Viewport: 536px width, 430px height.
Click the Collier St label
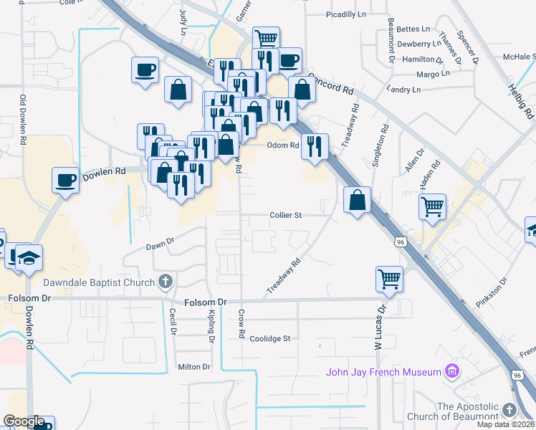tap(286, 214)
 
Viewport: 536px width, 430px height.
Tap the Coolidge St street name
tap(270, 338)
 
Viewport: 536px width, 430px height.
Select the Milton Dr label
tap(194, 367)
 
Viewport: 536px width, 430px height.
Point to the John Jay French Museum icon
tap(451, 371)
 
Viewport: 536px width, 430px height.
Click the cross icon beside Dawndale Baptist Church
tap(166, 282)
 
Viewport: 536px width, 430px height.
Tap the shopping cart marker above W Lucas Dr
tap(389, 278)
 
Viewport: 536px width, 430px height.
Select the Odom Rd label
tap(282, 145)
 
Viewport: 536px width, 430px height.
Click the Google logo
tap(24, 421)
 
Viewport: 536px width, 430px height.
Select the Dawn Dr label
tap(160, 244)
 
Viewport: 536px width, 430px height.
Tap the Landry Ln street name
tap(403, 90)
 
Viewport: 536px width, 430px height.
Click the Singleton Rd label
tap(375, 147)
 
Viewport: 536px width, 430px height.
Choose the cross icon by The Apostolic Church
tap(509, 410)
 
